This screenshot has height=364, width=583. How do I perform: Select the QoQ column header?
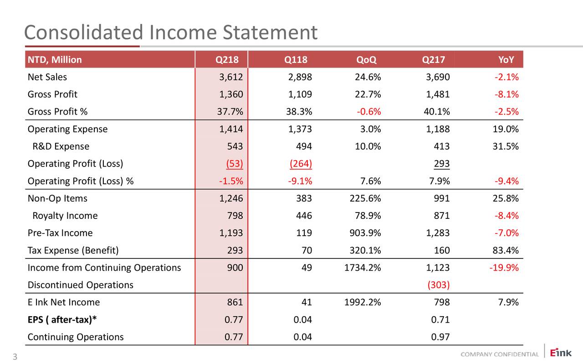pyautogui.click(x=366, y=60)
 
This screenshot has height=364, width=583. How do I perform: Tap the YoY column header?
pyautogui.click(x=506, y=60)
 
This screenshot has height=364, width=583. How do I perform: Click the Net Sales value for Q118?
pyautogui.click(x=300, y=77)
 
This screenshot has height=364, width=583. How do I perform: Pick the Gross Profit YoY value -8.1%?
pyautogui.click(x=506, y=94)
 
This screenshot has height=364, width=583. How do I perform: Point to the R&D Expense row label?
pyautogui.click(x=61, y=147)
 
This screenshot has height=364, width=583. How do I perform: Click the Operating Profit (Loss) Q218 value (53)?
pyautogui.click(x=234, y=164)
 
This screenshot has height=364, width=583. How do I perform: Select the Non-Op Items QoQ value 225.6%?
pyautogui.click(x=363, y=198)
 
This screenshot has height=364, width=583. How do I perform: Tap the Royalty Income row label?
pyautogui.click(x=65, y=216)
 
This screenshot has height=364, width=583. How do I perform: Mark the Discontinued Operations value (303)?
pyautogui.click(x=439, y=285)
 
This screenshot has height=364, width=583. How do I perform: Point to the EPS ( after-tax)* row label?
pyautogui.click(x=62, y=319)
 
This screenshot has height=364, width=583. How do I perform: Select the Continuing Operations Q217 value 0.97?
pyautogui.click(x=440, y=337)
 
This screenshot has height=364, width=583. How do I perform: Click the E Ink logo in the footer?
pyautogui.click(x=559, y=353)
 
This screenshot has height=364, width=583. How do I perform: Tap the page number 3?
pyautogui.click(x=15, y=358)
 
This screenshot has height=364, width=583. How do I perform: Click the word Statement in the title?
pyautogui.click(x=270, y=32)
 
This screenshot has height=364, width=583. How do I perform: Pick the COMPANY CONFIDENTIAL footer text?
pyautogui.click(x=499, y=354)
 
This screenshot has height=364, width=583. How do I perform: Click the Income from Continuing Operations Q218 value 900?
pyautogui.click(x=235, y=268)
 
